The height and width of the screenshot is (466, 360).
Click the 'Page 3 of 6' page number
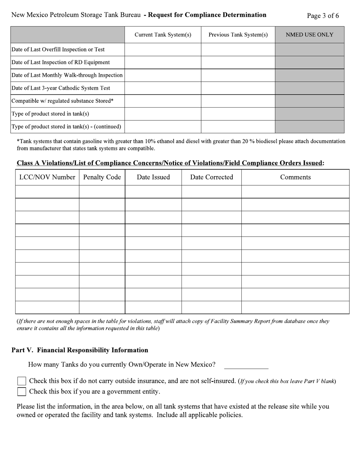click(323, 16)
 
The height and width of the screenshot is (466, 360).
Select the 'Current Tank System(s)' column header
click(163, 35)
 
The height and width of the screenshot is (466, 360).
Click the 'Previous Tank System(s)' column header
click(238, 35)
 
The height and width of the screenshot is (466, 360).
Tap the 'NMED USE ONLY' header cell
click(310, 35)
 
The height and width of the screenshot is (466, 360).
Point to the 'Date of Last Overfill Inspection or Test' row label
click(58, 50)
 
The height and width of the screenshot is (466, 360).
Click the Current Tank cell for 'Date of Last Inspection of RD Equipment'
click(163, 63)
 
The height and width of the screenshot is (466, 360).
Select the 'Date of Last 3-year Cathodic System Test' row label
click(61, 88)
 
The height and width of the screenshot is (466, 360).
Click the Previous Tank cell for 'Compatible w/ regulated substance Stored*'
click(238, 101)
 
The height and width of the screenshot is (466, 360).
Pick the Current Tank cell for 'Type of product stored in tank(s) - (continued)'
click(163, 127)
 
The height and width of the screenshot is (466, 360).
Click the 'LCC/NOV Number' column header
click(47, 177)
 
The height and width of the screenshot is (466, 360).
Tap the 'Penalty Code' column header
click(102, 177)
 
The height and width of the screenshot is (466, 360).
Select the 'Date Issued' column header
click(153, 177)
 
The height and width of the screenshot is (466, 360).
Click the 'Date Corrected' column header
click(211, 177)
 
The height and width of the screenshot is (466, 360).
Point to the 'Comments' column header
click(295, 177)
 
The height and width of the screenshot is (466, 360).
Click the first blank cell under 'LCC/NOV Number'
click(47, 192)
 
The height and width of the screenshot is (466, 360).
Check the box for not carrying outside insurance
click(22, 381)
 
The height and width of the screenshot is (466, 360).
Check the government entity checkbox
click(22, 392)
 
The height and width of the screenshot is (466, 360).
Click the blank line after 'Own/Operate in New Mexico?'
click(246, 365)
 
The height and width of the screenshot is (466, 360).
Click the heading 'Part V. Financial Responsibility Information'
click(80, 350)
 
